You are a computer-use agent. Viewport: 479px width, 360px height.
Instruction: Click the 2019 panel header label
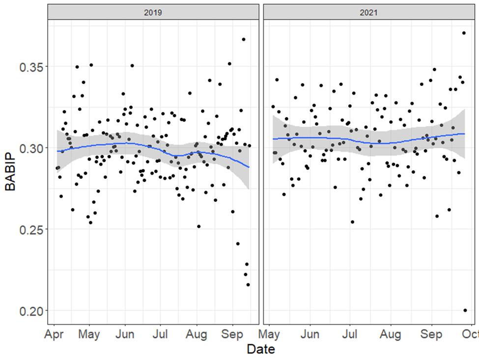(153, 12)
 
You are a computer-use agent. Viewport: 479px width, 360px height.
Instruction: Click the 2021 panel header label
(368, 12)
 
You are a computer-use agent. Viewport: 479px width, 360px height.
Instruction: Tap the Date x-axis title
(261, 349)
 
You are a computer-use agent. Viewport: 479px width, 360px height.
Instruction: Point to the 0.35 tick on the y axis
(30, 67)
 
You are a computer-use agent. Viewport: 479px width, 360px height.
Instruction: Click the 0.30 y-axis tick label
(30, 148)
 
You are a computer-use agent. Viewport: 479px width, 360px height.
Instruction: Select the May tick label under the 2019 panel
(89, 335)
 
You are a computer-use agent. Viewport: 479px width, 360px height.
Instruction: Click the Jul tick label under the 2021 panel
(349, 335)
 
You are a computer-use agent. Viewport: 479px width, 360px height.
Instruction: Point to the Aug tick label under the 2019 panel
(197, 335)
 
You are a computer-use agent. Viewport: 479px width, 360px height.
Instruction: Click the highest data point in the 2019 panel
(243, 39)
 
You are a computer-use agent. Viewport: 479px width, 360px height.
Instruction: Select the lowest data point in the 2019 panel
(248, 284)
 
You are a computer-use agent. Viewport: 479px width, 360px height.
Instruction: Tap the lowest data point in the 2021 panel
(465, 310)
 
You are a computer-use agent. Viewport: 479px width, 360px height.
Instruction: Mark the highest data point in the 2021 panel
(464, 33)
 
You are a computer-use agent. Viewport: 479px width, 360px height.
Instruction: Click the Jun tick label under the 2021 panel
(310, 335)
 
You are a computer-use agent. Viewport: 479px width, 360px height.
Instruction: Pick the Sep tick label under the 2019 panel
(232, 335)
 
